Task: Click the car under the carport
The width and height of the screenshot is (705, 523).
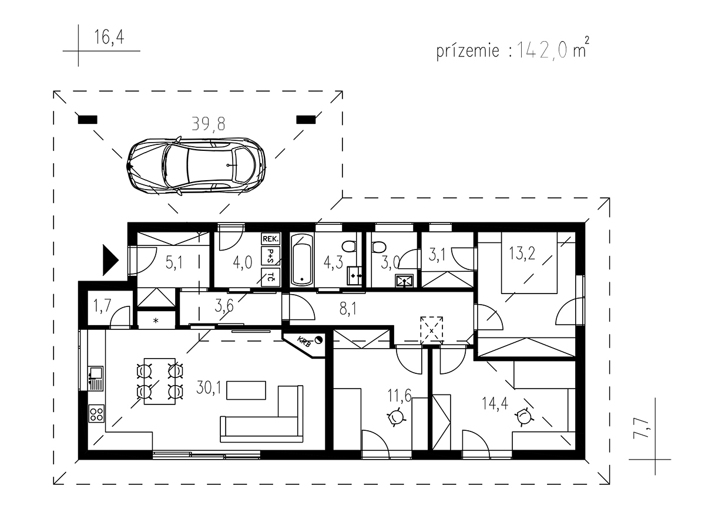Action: [x=196, y=166]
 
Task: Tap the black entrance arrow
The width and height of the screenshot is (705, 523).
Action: [x=110, y=260]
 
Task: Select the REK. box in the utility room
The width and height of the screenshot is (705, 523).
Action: [x=271, y=238]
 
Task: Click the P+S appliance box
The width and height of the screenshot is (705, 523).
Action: [x=271, y=255]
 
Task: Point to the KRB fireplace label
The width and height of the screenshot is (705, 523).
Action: [x=304, y=342]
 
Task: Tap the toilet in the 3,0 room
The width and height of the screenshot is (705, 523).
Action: [x=378, y=247]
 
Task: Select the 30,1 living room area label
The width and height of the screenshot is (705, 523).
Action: [x=209, y=387]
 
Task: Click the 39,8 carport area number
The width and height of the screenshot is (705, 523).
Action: [x=209, y=124]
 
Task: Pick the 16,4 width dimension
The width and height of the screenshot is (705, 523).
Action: [x=109, y=37]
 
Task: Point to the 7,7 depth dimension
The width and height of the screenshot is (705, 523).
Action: [x=641, y=428]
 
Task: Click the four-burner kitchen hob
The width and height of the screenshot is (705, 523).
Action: [x=96, y=413]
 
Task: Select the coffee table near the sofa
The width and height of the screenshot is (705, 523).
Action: [x=246, y=390]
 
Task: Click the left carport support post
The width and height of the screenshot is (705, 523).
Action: [x=88, y=120]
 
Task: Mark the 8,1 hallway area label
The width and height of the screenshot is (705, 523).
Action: [x=348, y=309]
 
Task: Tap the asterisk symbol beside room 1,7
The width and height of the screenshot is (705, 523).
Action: [x=156, y=320]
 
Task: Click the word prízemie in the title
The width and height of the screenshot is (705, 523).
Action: [x=468, y=52]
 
